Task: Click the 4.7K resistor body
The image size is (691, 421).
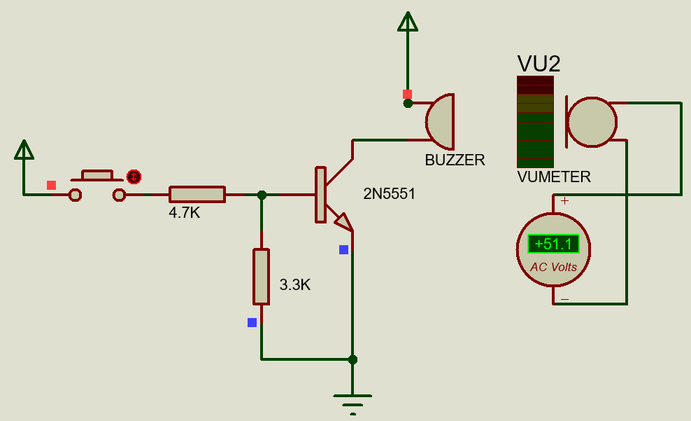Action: click(197, 194)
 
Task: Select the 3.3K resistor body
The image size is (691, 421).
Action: click(261, 276)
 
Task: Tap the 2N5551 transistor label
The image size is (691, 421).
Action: click(389, 194)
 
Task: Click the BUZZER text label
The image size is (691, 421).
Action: click(455, 160)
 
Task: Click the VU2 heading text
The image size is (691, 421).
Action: click(539, 64)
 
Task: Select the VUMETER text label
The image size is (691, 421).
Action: click(554, 177)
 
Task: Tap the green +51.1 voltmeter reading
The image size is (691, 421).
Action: click(553, 244)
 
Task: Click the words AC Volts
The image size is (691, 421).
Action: click(553, 267)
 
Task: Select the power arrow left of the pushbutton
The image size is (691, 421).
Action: click(24, 149)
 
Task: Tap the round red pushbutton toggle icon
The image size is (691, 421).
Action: click(134, 176)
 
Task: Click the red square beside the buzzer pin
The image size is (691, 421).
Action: click(407, 94)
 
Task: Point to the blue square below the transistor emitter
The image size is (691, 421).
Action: click(343, 249)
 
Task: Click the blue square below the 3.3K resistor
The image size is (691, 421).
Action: click(252, 322)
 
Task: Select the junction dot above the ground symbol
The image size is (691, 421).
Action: click(352, 359)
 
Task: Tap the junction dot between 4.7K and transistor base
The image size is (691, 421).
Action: click(262, 195)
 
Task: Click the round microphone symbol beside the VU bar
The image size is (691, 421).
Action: click(592, 121)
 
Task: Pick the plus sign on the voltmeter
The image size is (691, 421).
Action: click(564, 201)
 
